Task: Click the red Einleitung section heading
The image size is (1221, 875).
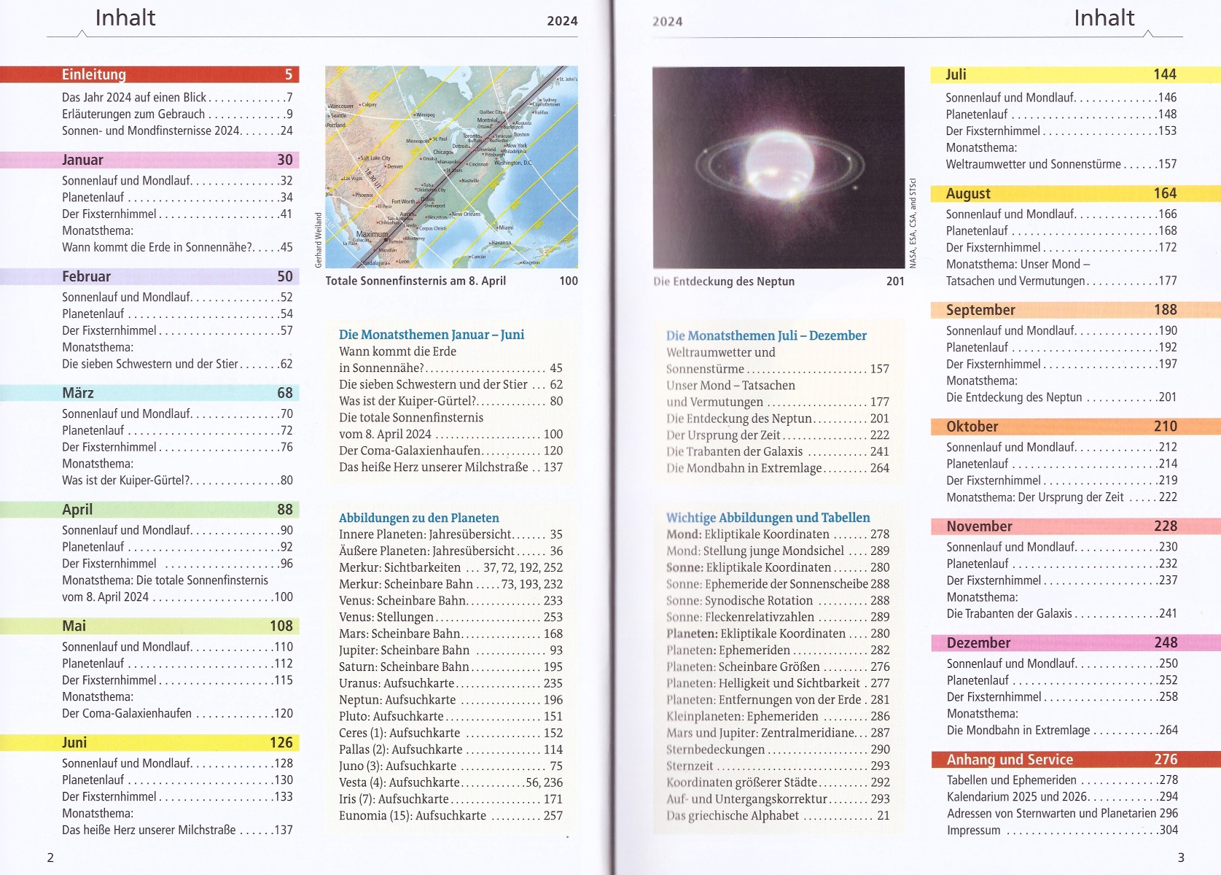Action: [94, 74]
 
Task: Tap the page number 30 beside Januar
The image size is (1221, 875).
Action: [284, 160]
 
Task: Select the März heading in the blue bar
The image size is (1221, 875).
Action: [78, 393]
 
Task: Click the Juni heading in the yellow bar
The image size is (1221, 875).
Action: [74, 742]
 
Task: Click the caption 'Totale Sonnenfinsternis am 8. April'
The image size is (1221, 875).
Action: [416, 281]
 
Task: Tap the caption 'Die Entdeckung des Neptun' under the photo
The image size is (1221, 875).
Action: [724, 281]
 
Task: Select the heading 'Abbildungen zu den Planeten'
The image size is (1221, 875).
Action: [419, 518]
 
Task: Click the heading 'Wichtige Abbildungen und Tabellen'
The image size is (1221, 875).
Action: [768, 518]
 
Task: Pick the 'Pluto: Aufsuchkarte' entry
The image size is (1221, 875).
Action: [391, 716]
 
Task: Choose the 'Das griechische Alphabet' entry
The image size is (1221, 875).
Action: [733, 815]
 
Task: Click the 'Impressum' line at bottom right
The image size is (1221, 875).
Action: [973, 830]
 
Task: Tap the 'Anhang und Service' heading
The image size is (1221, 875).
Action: [1010, 760]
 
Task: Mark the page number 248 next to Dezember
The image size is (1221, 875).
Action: [1166, 642]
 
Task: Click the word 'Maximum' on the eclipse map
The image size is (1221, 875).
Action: [372, 234]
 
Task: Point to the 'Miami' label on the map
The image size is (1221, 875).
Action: [506, 227]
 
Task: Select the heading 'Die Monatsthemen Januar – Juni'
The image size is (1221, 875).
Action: [432, 335]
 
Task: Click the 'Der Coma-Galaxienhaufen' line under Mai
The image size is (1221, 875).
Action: [127, 713]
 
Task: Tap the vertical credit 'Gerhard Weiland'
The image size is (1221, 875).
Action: [319, 240]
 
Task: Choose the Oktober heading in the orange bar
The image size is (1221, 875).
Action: [972, 427]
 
